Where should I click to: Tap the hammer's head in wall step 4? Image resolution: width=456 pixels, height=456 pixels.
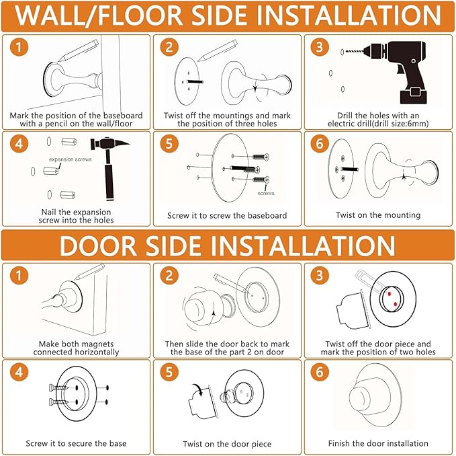[109, 143]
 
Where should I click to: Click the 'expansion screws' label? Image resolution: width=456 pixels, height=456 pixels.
[70, 159]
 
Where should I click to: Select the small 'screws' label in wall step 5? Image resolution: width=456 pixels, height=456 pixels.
[266, 193]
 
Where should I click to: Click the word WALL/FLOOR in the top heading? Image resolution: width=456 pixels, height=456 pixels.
[99, 15]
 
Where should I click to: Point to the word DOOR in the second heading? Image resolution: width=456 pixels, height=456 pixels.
[98, 245]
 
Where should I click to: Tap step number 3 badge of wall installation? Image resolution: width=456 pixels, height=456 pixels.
[320, 47]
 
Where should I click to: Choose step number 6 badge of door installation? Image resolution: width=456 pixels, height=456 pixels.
[320, 372]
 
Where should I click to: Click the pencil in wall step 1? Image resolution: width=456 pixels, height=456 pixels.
[79, 50]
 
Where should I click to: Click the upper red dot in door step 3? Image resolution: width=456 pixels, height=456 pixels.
[389, 294]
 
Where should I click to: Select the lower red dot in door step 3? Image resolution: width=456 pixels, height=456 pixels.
[395, 304]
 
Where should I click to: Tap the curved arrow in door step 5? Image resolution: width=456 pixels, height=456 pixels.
[197, 389]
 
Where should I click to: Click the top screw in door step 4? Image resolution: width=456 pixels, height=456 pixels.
[58, 388]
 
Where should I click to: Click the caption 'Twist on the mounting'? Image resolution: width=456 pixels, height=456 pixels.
[378, 215]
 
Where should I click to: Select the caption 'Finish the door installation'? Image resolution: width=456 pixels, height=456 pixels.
[378, 443]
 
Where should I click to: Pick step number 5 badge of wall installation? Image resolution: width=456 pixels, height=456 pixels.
[169, 144]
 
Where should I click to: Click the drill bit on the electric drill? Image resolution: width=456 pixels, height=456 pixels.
[354, 52]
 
